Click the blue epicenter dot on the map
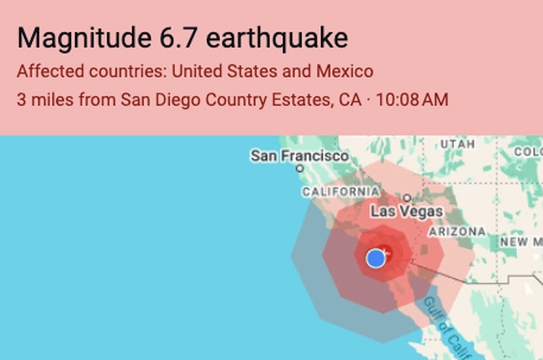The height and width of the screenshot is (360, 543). click(x=376, y=258)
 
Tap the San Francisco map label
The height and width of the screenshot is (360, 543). click(x=299, y=156)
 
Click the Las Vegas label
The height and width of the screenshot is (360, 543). click(x=406, y=211)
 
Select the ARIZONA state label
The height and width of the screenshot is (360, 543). click(x=457, y=231)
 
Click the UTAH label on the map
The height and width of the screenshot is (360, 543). click(x=457, y=144)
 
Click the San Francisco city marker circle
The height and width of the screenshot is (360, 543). click(x=299, y=168)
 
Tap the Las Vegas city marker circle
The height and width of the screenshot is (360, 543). click(x=406, y=199)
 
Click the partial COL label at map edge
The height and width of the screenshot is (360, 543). click(x=529, y=151)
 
